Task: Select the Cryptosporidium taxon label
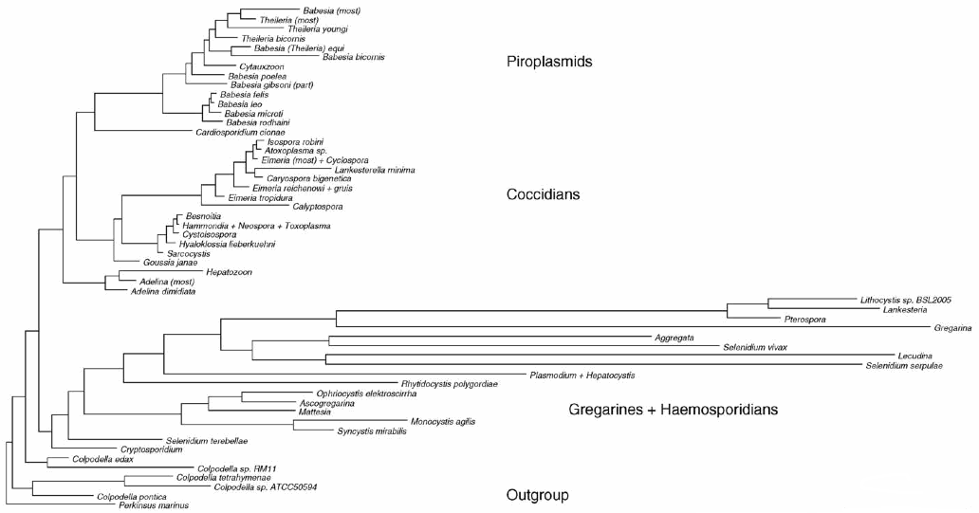point(150,449)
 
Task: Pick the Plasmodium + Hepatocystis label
point(582,376)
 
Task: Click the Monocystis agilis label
point(443,421)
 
